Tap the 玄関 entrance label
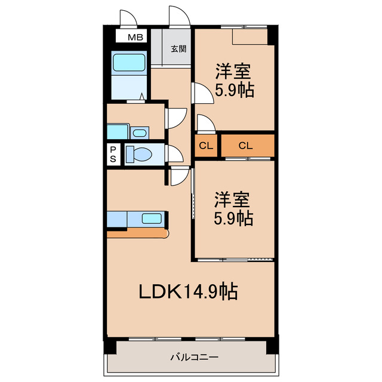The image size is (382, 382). pyautogui.click(x=178, y=49)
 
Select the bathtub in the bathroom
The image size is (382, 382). pyautogui.click(x=129, y=63)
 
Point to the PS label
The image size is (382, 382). pyautogui.click(x=113, y=155)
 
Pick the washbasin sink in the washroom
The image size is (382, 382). pyautogui.click(x=140, y=133)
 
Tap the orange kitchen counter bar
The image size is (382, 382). pyautogui.click(x=137, y=233)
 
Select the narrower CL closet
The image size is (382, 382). pyautogui.click(x=205, y=146)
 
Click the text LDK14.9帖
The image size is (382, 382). pyautogui.click(x=189, y=292)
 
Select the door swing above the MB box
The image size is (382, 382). pyautogui.click(x=127, y=19)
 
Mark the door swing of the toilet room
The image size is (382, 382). pyautogui.click(x=175, y=154)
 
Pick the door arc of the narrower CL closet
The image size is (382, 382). pyautogui.click(x=205, y=124)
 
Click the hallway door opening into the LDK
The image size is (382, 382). pyautogui.click(x=178, y=176)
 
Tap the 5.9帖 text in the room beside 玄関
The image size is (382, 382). pyautogui.click(x=234, y=90)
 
